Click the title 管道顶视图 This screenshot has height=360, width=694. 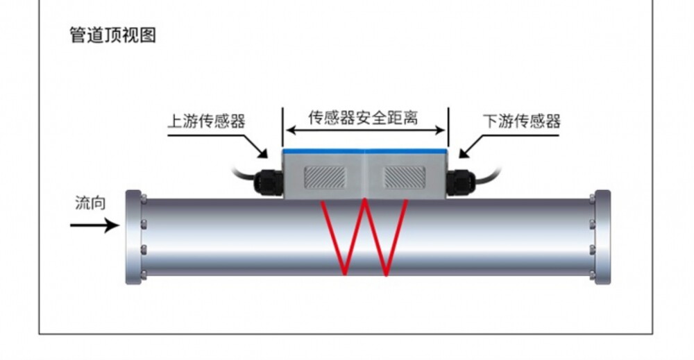[x=113, y=35]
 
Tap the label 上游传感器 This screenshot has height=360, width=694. [x=206, y=121]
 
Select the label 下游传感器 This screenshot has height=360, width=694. [x=522, y=121]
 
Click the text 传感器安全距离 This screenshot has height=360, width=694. [x=363, y=118]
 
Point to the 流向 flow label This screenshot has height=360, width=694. [x=90, y=203]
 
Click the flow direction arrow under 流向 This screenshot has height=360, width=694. [x=94, y=225]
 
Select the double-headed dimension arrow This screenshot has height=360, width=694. [x=365, y=130]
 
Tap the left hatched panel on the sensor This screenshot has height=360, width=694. [x=324, y=178]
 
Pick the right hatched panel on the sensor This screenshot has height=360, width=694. [x=404, y=178]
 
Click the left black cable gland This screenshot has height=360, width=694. [x=268, y=182]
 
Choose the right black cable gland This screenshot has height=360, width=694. [x=461, y=182]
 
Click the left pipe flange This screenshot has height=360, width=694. [x=133, y=237]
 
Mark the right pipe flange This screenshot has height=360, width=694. [x=603, y=237]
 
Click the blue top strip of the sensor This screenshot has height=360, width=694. [x=365, y=151]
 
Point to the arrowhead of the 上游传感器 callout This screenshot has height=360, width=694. [x=264, y=154]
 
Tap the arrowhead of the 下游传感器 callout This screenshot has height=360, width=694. [x=463, y=154]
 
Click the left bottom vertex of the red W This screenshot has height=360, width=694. [x=344, y=274]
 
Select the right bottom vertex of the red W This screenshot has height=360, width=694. [x=386, y=274]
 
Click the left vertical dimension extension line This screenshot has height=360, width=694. [x=282, y=127]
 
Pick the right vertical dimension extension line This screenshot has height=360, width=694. [x=448, y=127]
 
